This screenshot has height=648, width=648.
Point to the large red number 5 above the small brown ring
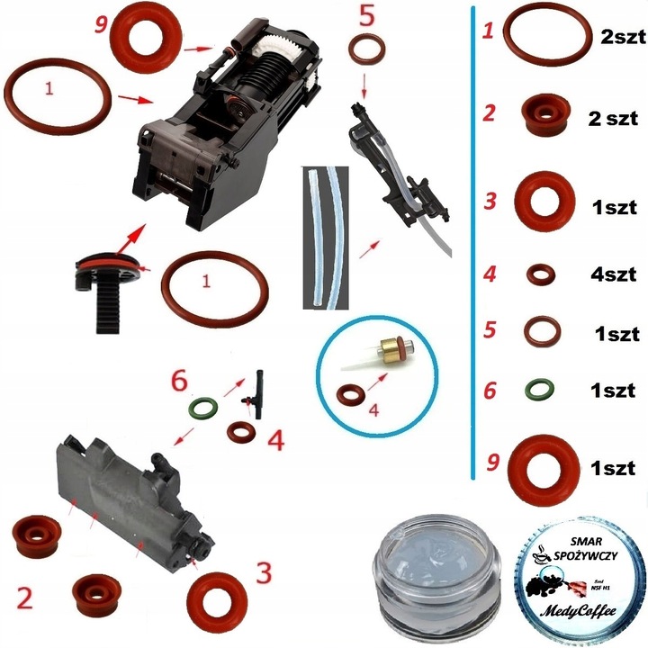[365, 16]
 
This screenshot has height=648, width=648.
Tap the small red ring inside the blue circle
[349, 395]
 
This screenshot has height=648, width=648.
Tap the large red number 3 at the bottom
[263, 572]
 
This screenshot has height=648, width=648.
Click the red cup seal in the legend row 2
[544, 115]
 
